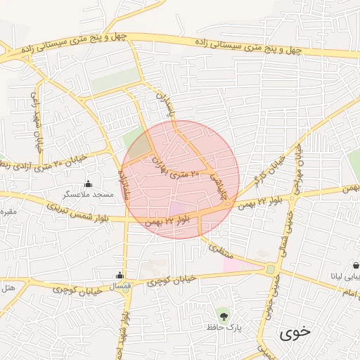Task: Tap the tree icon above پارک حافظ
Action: point(224,314)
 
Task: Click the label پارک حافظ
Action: point(224,327)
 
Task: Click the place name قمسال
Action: point(122,285)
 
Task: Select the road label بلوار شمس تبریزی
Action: point(89,214)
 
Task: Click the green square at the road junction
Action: point(271,269)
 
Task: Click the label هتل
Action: point(8,287)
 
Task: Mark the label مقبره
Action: point(7,211)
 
